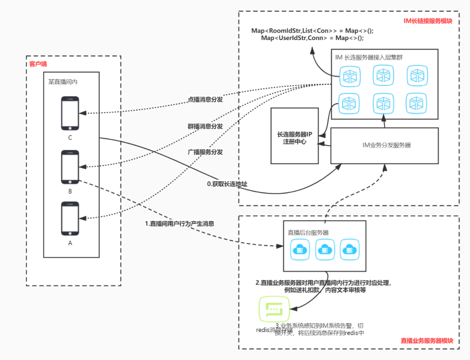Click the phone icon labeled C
(x=70, y=113)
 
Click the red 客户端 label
(x=38, y=64)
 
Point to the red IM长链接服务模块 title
(x=428, y=21)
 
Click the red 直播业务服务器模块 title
(x=426, y=341)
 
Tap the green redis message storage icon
(x=274, y=309)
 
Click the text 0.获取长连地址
(x=227, y=184)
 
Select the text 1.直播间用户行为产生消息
(x=179, y=223)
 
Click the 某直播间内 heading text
(x=63, y=81)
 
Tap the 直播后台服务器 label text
(x=308, y=232)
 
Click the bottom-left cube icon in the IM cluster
(x=349, y=103)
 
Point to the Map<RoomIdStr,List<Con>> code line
(x=312, y=31)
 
